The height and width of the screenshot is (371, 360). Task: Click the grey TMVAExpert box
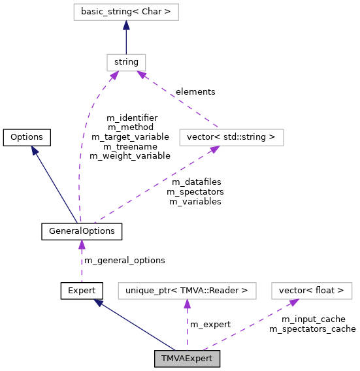click(x=187, y=359)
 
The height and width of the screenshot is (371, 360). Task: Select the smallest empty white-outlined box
click(x=126, y=63)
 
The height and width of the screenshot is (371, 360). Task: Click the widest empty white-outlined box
click(x=187, y=291)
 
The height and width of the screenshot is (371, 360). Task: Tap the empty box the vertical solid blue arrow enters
click(x=126, y=12)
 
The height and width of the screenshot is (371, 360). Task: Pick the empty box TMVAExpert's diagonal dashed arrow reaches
click(x=312, y=291)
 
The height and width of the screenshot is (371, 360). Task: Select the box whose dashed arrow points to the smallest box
click(x=231, y=137)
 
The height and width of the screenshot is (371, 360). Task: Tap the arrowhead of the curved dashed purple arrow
click(x=114, y=76)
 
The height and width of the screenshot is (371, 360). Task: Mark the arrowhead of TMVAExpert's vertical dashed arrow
click(x=187, y=304)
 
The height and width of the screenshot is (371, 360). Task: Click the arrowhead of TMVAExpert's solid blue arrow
click(x=98, y=302)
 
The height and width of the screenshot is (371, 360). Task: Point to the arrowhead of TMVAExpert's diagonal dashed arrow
click(x=293, y=302)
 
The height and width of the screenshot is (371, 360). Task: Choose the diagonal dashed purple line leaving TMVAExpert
click(x=248, y=326)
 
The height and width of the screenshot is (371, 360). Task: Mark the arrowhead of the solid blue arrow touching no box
click(x=35, y=150)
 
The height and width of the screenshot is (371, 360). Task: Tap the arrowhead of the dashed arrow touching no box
click(x=82, y=244)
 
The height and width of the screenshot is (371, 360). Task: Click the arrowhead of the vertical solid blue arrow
click(x=126, y=25)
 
